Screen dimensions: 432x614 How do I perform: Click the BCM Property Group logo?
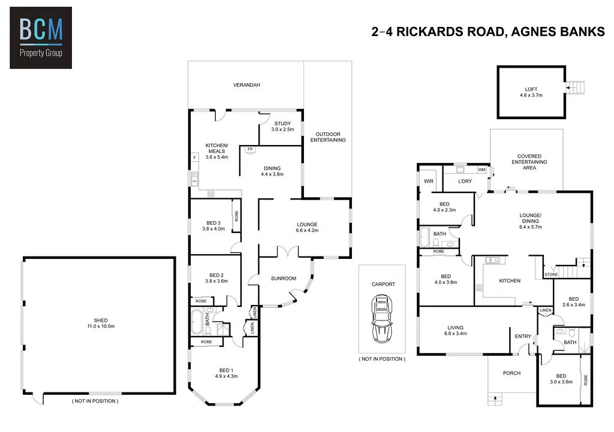pos(41,37)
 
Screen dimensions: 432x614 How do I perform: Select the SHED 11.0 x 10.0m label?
pos(100,323)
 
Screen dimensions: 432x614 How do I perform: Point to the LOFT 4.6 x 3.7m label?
pos(531,92)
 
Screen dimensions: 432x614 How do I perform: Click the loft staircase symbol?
pos(576,87)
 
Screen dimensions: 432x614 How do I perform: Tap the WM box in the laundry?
pos(481,170)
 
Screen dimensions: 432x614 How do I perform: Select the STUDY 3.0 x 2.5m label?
pos(282,126)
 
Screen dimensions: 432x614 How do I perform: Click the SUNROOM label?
pos(284,278)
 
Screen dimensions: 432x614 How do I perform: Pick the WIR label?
pos(429,180)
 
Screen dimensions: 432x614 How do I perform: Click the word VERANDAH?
pos(246,86)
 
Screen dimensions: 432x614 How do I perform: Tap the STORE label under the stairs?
pos(550,274)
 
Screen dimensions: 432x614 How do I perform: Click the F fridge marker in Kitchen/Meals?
pos(194,158)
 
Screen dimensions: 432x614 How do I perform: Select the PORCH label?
pos(511,373)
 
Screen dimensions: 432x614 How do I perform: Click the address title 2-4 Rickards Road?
pos(488,32)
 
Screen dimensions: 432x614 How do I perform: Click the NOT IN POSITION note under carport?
pos(382,359)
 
